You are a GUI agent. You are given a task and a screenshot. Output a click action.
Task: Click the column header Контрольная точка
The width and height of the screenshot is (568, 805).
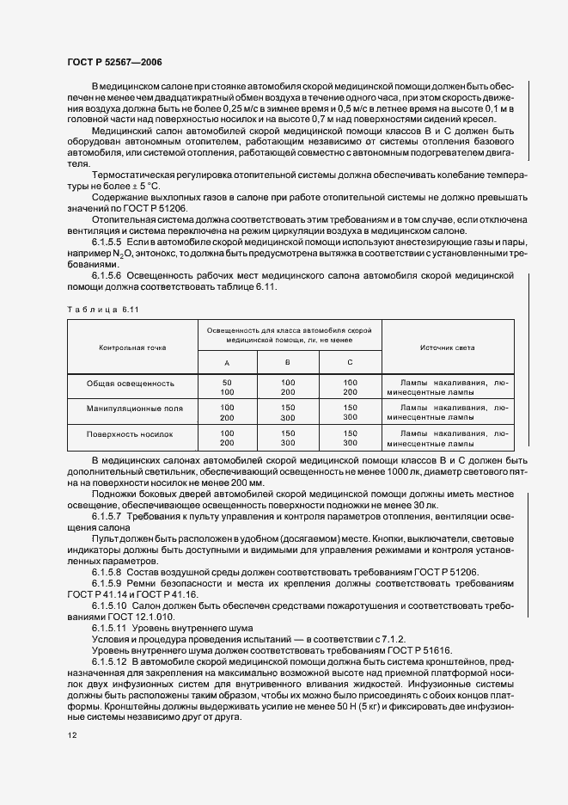132,347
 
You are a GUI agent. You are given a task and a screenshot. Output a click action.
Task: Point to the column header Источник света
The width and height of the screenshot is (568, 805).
447,347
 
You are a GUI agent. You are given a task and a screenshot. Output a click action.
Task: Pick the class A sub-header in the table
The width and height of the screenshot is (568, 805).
227,363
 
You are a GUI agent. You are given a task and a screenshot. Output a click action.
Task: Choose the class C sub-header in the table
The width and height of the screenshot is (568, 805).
350,363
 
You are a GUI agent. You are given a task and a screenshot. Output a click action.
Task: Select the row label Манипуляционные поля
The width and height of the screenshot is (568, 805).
132,407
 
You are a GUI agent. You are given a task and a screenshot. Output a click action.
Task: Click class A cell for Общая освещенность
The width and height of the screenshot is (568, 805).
227,386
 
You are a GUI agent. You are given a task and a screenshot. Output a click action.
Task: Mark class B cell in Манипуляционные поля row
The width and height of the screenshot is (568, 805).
288,411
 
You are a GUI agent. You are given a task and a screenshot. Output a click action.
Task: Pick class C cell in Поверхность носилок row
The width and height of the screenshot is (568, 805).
350,437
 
